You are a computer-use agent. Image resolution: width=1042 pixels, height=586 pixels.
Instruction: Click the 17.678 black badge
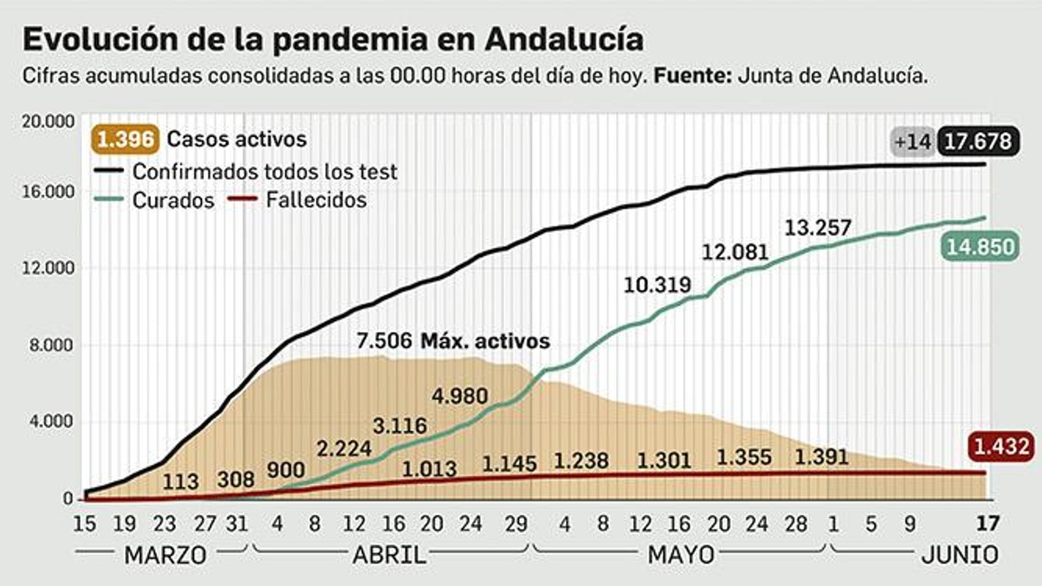click(978, 141)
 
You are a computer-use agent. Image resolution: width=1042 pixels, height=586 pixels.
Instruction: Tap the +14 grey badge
click(912, 141)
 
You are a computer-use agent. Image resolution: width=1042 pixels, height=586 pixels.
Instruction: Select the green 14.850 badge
click(980, 247)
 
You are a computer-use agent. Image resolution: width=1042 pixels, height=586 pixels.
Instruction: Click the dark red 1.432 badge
click(1001, 447)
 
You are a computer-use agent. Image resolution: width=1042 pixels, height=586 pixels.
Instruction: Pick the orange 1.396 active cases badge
click(125, 139)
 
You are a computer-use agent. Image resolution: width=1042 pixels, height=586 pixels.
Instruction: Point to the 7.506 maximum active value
click(384, 341)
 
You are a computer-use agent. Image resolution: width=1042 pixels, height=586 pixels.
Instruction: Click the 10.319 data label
click(657, 285)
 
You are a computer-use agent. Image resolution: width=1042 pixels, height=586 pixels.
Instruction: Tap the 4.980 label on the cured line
click(460, 396)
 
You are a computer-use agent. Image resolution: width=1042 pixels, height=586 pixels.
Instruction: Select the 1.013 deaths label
click(429, 469)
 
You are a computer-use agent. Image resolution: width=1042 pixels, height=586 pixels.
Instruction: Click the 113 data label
click(180, 481)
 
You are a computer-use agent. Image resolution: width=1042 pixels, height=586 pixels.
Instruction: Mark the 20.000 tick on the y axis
click(48, 122)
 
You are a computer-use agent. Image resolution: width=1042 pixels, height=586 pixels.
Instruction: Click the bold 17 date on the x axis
click(987, 523)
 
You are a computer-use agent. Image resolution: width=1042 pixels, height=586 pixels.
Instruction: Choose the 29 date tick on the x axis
click(516, 523)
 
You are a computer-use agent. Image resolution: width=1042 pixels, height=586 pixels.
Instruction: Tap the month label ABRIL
click(389, 555)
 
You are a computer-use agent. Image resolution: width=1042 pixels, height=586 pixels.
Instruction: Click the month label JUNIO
click(960, 555)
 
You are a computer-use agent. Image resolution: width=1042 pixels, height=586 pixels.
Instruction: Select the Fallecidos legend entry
click(316, 199)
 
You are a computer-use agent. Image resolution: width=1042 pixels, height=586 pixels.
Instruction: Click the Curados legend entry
click(173, 200)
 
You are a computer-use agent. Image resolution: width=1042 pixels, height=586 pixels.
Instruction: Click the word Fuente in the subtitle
click(692, 76)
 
